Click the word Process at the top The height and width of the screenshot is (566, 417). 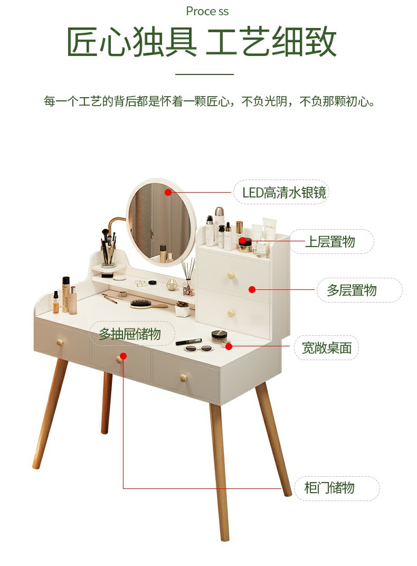[x=207, y=11]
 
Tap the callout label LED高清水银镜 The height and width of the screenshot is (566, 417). [x=284, y=192]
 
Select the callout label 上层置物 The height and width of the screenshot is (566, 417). [x=330, y=241]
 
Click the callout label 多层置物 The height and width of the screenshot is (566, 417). [x=352, y=290]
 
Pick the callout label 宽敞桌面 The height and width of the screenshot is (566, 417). [x=327, y=348]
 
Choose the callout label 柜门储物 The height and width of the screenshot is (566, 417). [x=329, y=488]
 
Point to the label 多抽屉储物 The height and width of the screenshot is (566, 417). [x=130, y=334]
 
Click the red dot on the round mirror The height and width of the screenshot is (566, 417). [x=168, y=192]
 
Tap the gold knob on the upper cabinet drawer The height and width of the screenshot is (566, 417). [x=231, y=276]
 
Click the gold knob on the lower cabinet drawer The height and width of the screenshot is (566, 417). [x=231, y=313]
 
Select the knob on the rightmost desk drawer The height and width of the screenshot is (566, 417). [x=183, y=378]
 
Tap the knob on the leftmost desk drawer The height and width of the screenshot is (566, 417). [x=60, y=342]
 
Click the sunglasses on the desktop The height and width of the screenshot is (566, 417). [x=198, y=348]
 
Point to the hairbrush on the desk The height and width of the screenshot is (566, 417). [x=148, y=304]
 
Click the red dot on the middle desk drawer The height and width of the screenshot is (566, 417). [x=124, y=356]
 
